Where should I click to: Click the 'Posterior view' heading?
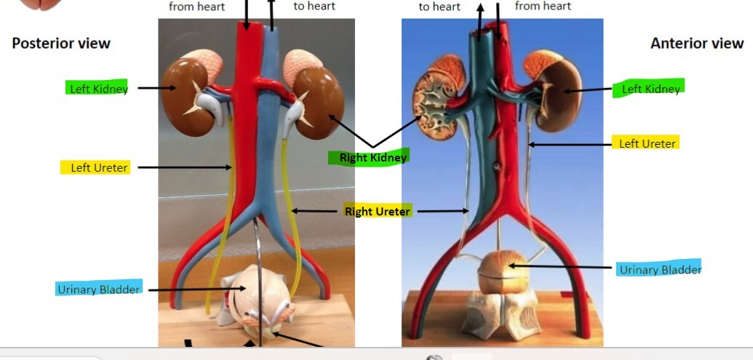(61, 44)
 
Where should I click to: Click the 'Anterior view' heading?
(696, 44)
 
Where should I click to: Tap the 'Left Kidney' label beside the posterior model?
(98, 89)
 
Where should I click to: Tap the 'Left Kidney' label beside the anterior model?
(650, 89)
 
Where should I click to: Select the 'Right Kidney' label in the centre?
(373, 157)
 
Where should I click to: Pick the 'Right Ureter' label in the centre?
(377, 212)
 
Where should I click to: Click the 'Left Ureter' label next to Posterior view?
(99, 168)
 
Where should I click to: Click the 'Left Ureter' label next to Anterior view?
(647, 143)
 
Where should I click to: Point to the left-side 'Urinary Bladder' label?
(98, 289)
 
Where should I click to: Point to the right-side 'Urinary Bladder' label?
(659, 270)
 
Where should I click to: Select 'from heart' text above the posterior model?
(196, 7)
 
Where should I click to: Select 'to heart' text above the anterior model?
(439, 7)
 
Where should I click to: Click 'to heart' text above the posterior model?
(314, 7)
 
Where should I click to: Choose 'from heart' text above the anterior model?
(543, 7)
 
